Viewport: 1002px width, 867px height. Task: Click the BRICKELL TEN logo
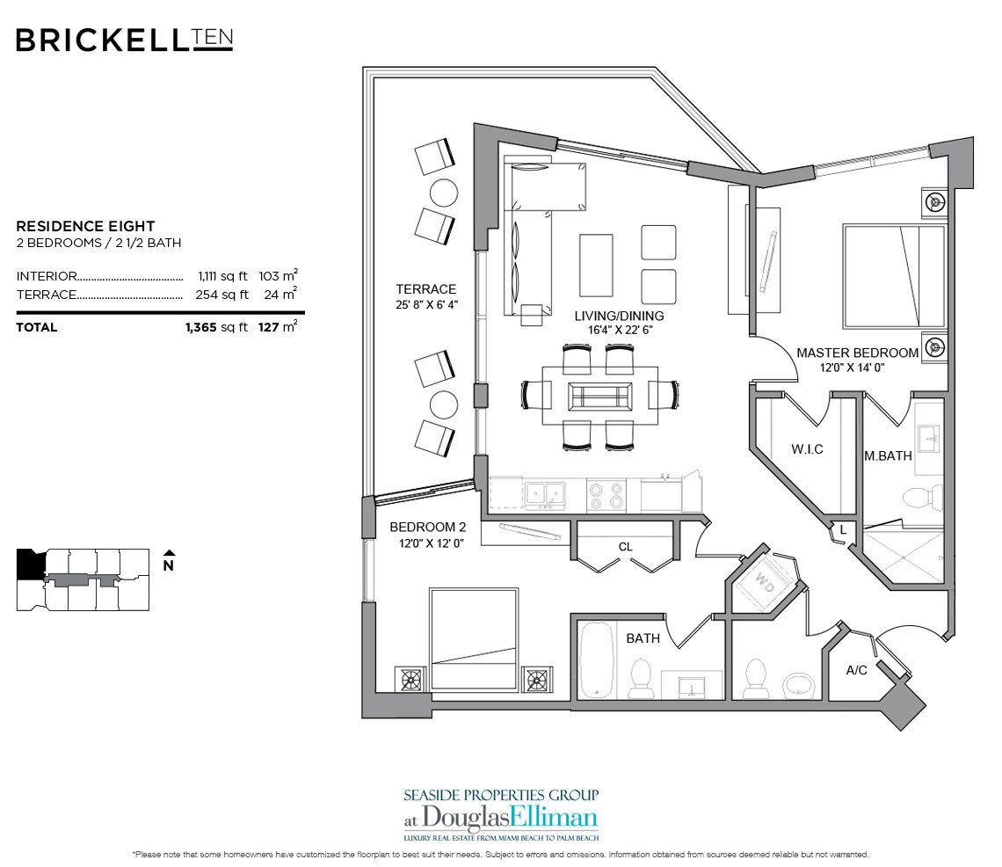click(x=123, y=40)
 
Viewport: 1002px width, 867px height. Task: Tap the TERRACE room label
click(x=425, y=289)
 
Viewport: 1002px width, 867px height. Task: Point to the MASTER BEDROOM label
click(x=857, y=353)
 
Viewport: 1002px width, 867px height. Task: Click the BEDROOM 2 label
click(x=427, y=528)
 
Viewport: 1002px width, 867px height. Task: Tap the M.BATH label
click(x=887, y=455)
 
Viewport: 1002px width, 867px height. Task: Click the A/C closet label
click(x=857, y=670)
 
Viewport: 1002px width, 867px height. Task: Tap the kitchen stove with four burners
click(x=605, y=494)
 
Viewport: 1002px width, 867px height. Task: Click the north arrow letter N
click(x=168, y=566)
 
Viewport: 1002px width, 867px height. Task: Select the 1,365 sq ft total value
click(x=214, y=327)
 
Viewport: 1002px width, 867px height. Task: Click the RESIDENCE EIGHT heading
click(x=85, y=226)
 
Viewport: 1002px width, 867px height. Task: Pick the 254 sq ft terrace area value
click(x=221, y=295)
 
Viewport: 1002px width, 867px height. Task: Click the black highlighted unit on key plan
click(x=30, y=564)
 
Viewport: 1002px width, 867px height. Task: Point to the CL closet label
click(x=625, y=547)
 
